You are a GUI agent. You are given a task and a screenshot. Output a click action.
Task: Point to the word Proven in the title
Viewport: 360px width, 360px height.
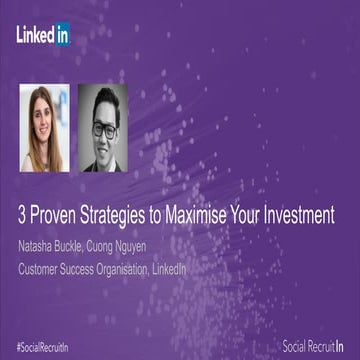(x=60, y=214)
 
